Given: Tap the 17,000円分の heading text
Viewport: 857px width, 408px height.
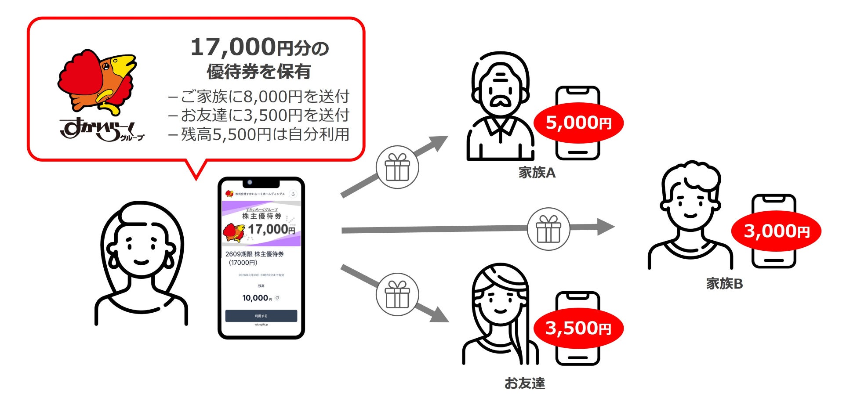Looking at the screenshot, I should tap(259, 47).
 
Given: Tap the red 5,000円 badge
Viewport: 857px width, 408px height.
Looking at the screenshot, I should tap(578, 123).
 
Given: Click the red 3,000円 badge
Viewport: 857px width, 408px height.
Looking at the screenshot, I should tap(776, 231).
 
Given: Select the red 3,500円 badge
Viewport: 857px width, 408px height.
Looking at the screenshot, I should tap(578, 328).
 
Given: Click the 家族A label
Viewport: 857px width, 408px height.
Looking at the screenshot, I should tap(537, 173).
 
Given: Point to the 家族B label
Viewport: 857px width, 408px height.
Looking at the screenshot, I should tap(724, 284).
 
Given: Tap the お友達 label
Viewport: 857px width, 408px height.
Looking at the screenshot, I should tap(524, 383).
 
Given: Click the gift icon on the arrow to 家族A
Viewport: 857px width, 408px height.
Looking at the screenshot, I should tap(397, 167).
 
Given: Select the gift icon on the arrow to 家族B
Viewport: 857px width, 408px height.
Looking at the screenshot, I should tap(548, 229).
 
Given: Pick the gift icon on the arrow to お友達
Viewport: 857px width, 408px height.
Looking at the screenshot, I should tap(397, 294).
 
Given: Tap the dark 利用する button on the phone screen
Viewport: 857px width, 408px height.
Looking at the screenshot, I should tap(261, 316).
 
